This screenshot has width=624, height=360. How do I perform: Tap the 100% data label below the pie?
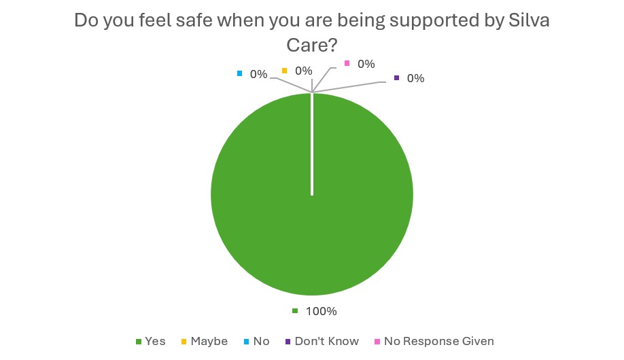click(x=321, y=312)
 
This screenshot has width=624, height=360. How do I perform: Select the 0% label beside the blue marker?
click(x=258, y=74)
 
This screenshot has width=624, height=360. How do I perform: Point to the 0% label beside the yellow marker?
click(x=303, y=71)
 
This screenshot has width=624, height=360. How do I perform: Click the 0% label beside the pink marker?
click(x=366, y=64)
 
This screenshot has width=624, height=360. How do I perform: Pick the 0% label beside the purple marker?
click(x=415, y=78)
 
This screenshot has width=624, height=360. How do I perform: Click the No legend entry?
click(x=261, y=341)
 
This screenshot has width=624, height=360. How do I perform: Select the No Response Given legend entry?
click(x=438, y=341)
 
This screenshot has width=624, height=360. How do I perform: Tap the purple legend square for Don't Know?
click(x=289, y=341)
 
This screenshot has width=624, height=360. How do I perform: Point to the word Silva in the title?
click(x=529, y=20)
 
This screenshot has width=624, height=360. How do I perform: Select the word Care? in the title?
click(x=311, y=46)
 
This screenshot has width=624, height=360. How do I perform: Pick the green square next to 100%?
click(x=295, y=312)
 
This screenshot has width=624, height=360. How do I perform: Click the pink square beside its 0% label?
click(x=347, y=64)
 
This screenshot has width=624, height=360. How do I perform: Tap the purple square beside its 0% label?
click(x=397, y=78)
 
